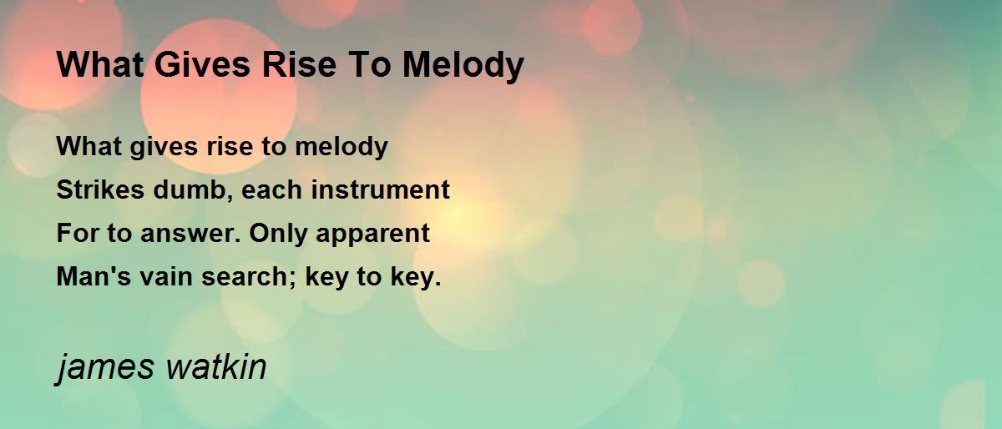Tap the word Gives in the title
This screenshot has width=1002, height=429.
203,65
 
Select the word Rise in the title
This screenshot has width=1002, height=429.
299,65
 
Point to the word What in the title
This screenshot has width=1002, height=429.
100,65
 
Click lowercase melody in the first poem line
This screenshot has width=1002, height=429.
342,147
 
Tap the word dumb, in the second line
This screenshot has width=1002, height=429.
193,190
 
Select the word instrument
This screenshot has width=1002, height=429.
380,189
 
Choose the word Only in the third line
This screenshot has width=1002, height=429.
278,235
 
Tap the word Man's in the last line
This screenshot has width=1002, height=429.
94,276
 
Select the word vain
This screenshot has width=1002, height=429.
166,276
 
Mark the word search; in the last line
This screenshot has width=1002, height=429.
249,277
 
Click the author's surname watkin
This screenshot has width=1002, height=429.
216,366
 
